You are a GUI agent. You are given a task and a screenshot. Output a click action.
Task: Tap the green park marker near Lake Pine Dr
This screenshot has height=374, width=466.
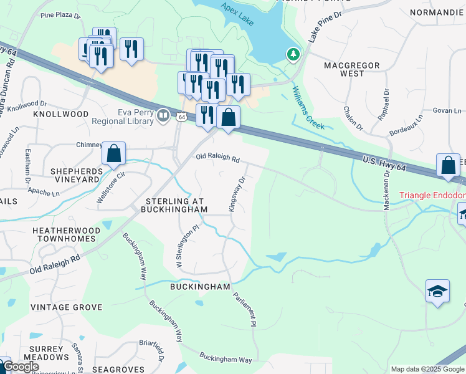(x=293, y=55)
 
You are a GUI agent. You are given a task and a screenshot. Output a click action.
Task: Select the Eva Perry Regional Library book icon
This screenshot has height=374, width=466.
(x=163, y=115)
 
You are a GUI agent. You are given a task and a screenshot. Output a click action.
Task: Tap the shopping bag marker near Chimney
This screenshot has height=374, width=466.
(x=114, y=153)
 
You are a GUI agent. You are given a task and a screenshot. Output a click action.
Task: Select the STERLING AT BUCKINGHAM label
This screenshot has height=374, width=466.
(x=176, y=206)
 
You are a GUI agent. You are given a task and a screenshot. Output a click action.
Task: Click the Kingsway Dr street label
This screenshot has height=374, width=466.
(x=238, y=194)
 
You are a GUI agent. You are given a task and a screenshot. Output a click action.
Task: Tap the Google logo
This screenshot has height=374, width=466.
(x=21, y=367)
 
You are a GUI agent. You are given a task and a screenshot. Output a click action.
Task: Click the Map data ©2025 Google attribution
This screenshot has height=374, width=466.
(x=427, y=369)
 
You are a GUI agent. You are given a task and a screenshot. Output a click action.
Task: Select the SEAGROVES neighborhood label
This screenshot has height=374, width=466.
(x=118, y=370)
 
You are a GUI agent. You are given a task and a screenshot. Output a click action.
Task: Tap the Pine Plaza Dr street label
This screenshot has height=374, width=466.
(x=60, y=15)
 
